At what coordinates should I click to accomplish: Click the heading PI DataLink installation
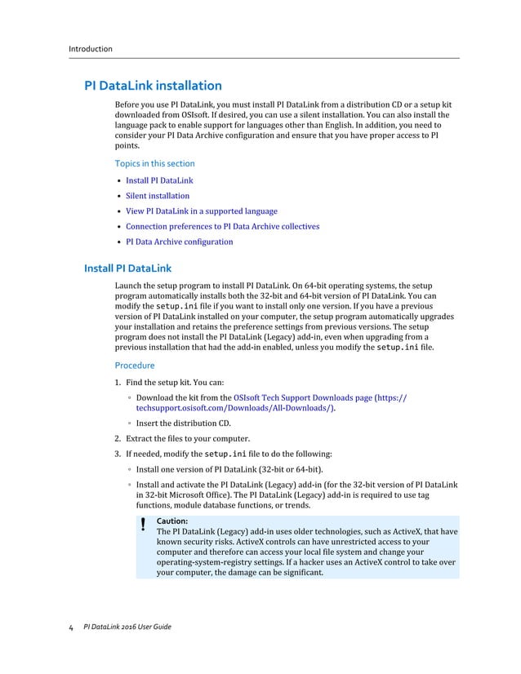coord(154,86)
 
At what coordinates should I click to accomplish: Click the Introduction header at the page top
coord(90,49)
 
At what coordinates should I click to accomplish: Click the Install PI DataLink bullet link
coord(159,180)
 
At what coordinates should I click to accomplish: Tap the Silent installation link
coord(158,196)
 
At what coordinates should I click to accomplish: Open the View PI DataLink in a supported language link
coord(202,211)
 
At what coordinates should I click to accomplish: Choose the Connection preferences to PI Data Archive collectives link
coord(222,227)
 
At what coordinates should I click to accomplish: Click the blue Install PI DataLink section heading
coord(128,268)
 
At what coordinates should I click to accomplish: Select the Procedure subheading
coord(135,366)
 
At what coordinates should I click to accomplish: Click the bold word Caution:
coord(171,521)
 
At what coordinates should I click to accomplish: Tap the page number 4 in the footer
coord(70,627)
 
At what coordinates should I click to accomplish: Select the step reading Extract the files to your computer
coord(187,438)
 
